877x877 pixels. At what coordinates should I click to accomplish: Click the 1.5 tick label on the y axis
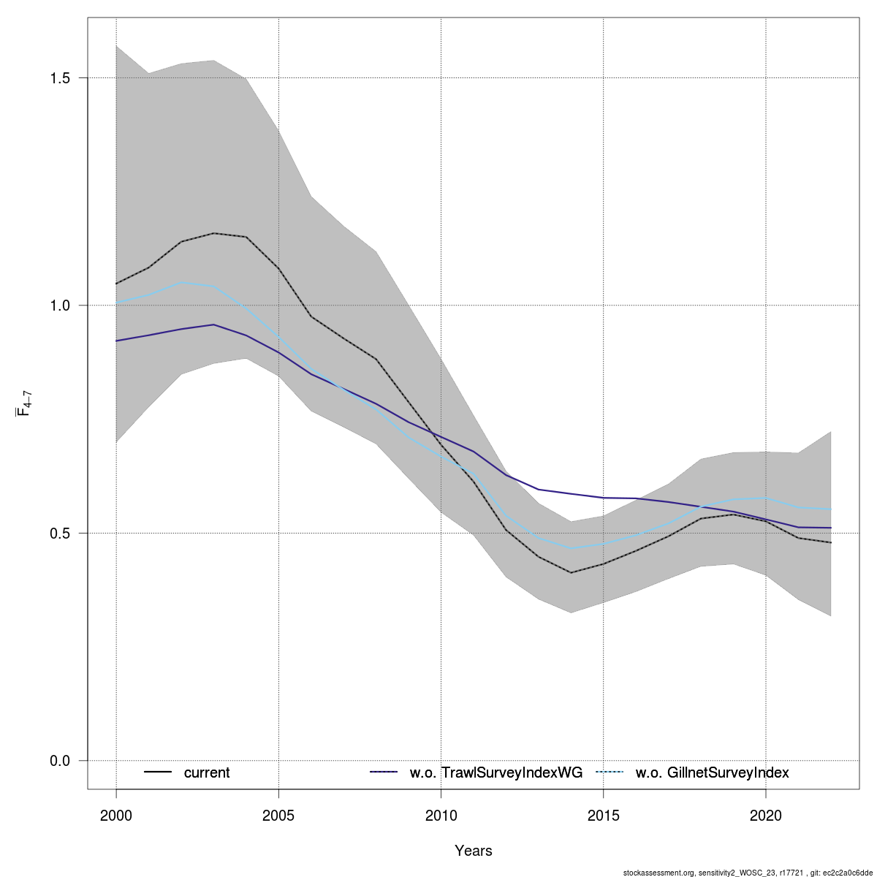pyautogui.click(x=60, y=77)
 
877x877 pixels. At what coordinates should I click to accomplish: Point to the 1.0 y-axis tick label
pyautogui.click(x=60, y=305)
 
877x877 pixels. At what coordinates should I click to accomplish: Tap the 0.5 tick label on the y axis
pyautogui.click(x=60, y=534)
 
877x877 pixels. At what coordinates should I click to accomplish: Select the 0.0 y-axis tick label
pyautogui.click(x=60, y=761)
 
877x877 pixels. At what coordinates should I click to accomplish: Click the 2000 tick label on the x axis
pyautogui.click(x=116, y=814)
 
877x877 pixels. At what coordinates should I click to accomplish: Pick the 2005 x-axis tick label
pyautogui.click(x=278, y=814)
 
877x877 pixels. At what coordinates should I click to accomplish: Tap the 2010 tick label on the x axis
pyautogui.click(x=441, y=814)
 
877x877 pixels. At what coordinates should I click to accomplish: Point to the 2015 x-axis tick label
pyautogui.click(x=603, y=814)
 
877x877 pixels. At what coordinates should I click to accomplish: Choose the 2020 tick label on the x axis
pyautogui.click(x=765, y=814)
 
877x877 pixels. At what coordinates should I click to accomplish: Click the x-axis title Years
pyautogui.click(x=474, y=851)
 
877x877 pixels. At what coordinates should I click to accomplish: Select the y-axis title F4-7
pyautogui.click(x=23, y=403)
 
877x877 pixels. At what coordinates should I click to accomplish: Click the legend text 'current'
pyautogui.click(x=207, y=772)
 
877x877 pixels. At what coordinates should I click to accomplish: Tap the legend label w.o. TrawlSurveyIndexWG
pyautogui.click(x=496, y=772)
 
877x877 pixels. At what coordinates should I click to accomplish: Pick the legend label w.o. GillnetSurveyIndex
pyautogui.click(x=713, y=772)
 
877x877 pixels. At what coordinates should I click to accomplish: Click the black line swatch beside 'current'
pyautogui.click(x=158, y=772)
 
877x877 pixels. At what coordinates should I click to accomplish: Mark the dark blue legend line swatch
pyautogui.click(x=384, y=772)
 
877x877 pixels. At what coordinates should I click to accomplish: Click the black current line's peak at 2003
pyautogui.click(x=213, y=233)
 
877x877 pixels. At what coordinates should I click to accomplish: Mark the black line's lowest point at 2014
pyautogui.click(x=571, y=572)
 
